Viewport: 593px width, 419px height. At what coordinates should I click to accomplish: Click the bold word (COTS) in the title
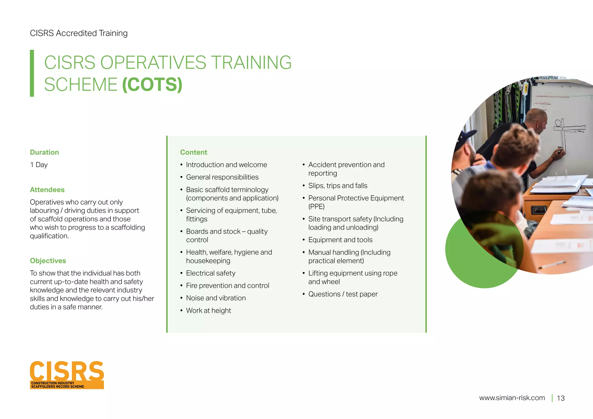(x=152, y=84)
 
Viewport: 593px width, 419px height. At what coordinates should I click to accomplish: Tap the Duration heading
(x=44, y=152)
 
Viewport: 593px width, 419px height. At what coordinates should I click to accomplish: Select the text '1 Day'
(x=39, y=165)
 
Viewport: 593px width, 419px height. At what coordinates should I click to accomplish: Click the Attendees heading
(x=47, y=190)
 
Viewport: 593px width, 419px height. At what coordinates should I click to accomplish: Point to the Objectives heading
(x=48, y=261)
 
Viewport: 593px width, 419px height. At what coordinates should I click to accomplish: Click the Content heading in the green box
(x=194, y=152)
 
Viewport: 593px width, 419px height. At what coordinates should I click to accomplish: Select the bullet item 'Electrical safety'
(x=211, y=273)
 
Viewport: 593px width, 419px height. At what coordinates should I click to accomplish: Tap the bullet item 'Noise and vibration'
(x=216, y=298)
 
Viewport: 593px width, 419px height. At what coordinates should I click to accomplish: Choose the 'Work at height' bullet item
(x=208, y=310)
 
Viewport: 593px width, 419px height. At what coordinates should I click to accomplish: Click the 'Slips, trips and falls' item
(x=338, y=185)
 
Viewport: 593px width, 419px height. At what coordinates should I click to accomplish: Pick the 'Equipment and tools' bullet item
(x=340, y=240)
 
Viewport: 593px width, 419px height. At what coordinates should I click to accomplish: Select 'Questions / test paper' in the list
(x=343, y=294)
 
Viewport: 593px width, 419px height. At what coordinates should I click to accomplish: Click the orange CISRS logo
(x=67, y=374)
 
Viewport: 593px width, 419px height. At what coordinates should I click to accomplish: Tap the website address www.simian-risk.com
(x=512, y=398)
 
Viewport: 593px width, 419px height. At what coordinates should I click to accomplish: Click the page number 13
(x=561, y=398)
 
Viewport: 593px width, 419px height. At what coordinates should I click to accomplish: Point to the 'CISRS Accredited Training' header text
(x=79, y=33)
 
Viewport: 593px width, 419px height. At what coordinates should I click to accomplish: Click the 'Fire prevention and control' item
(x=228, y=286)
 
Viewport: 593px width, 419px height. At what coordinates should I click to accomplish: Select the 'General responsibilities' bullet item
(x=222, y=177)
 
